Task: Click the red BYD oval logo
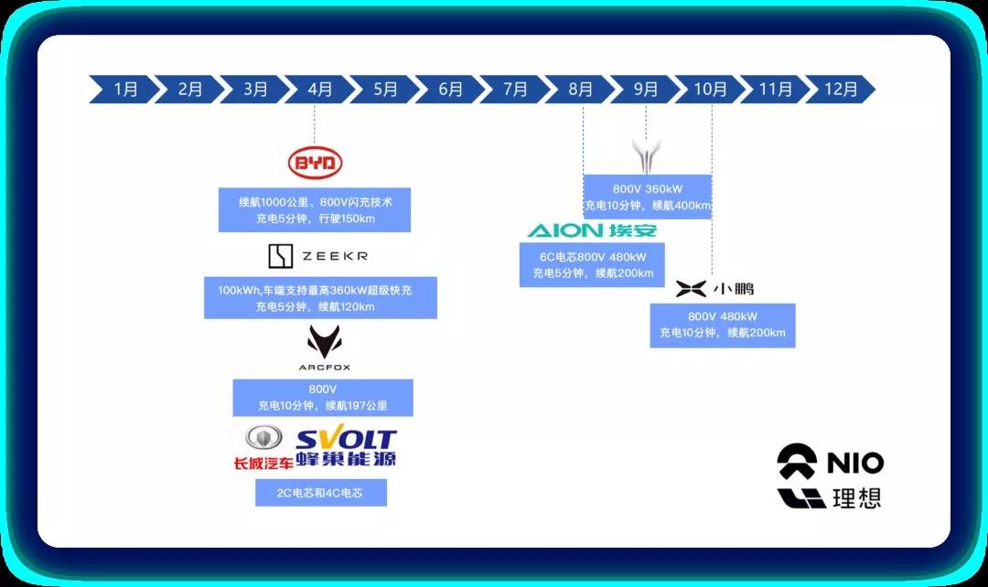315,163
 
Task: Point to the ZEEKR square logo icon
281,256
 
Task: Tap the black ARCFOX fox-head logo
325,342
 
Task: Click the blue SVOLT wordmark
346,438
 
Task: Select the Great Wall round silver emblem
263,437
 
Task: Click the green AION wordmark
565,230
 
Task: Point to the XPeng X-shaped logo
691,288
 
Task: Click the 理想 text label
857,498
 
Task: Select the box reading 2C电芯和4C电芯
321,493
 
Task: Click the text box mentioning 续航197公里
323,398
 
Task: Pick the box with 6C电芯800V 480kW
592,265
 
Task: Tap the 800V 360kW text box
647,197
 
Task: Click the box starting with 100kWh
320,298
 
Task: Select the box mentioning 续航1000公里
315,209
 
